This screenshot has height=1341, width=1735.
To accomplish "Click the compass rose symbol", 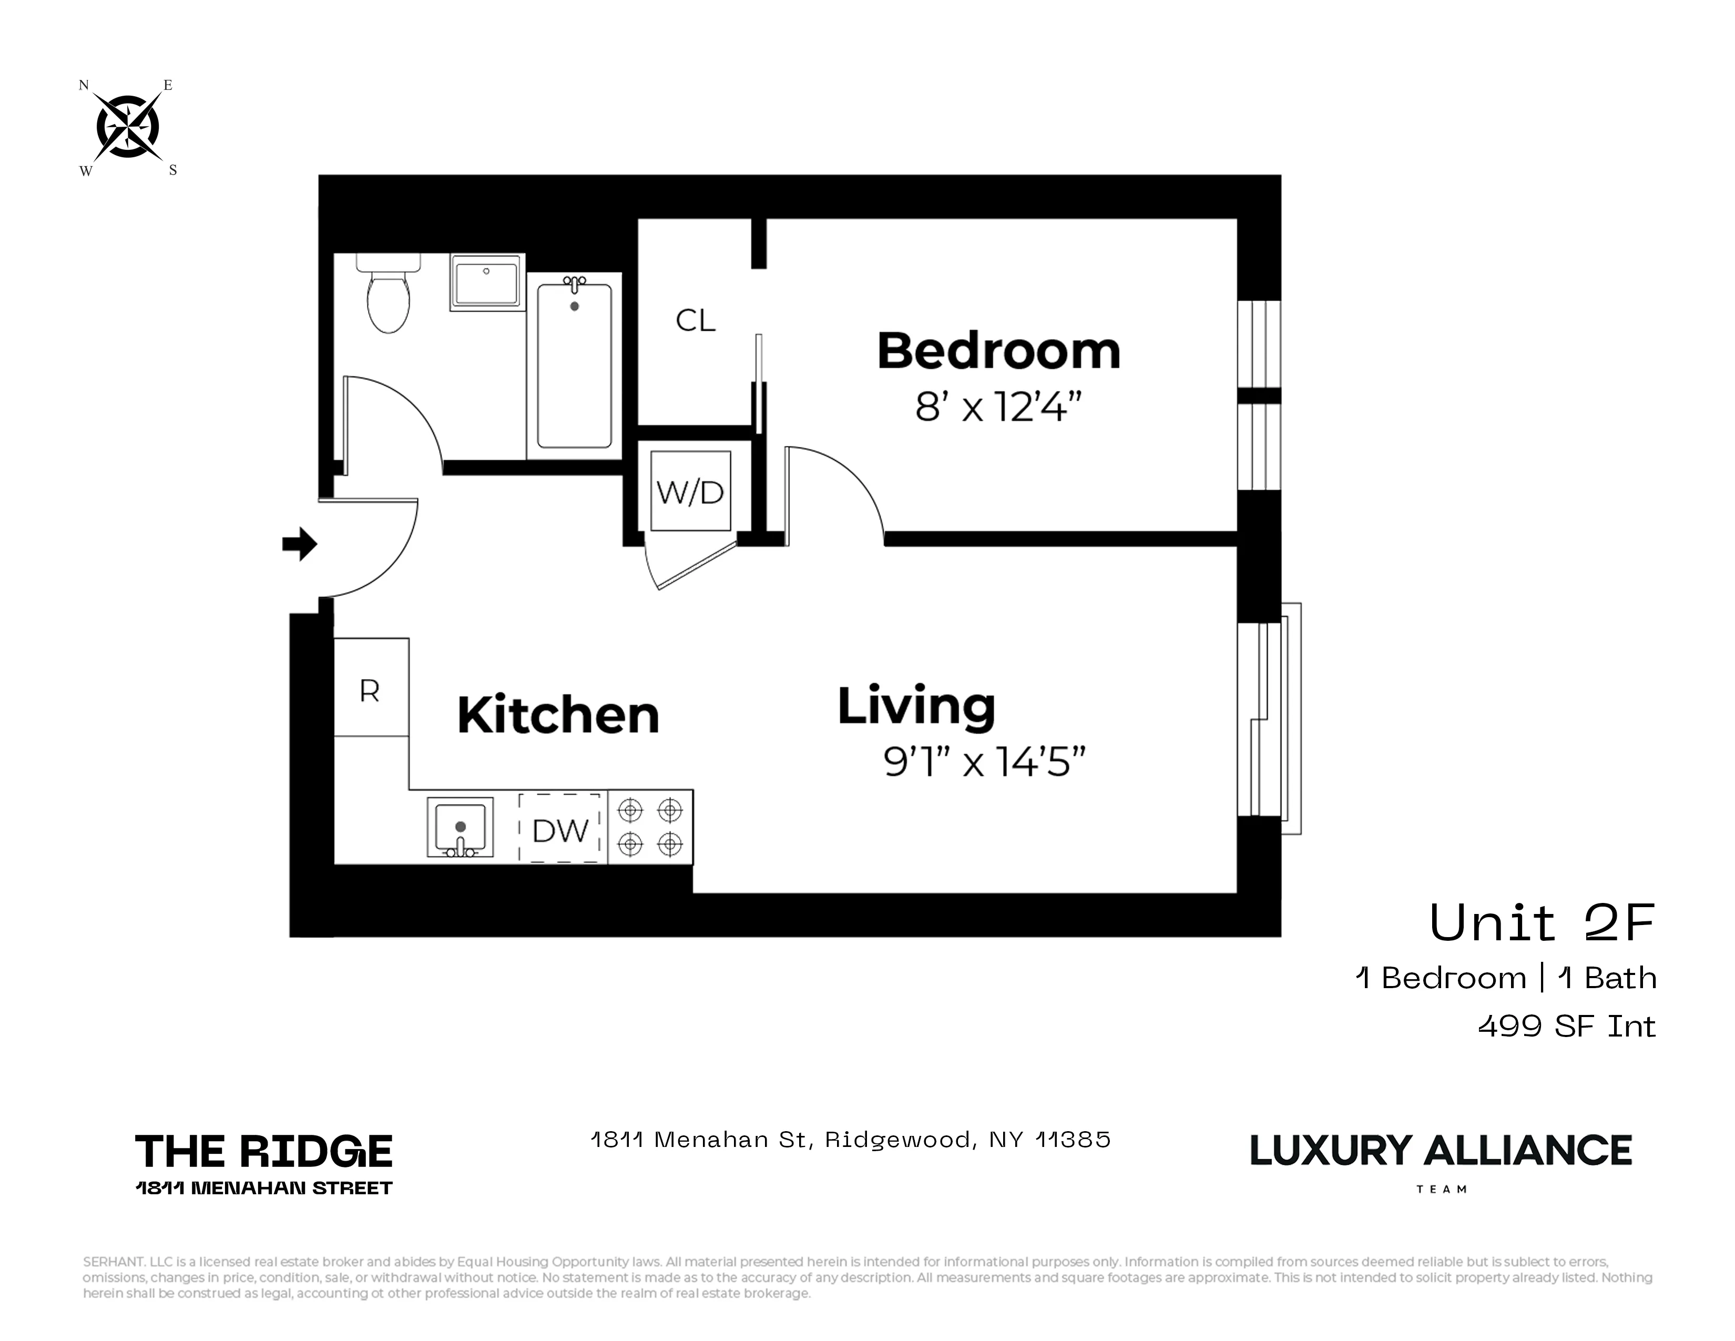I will pos(127,126).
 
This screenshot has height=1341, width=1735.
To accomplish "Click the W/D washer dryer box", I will pos(690,492).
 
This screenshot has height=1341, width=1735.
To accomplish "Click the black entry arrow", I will pos(300,544).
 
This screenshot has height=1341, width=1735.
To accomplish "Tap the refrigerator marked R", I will pos(370,688).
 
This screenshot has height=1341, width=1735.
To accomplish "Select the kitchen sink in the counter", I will pos(460,828).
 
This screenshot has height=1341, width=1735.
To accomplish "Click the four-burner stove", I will pos(650,827).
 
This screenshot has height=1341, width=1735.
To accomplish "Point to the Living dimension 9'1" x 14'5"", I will pos(984,762).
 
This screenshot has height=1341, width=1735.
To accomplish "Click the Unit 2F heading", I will pos(1541,923).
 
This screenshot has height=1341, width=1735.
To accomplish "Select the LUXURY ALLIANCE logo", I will pos(1440,1151).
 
